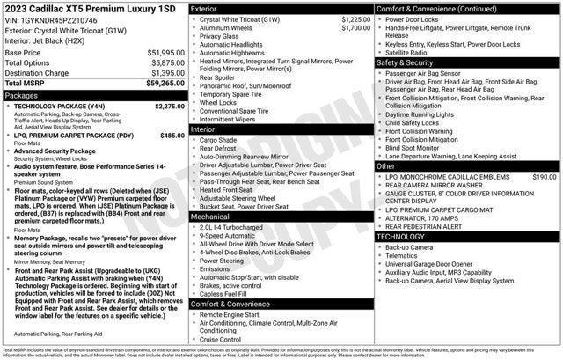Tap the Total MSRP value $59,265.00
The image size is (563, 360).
[x=158, y=83]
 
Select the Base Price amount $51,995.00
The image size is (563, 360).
[x=159, y=54]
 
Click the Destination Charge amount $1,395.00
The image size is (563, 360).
[x=161, y=73]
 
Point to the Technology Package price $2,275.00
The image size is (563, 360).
[x=169, y=106]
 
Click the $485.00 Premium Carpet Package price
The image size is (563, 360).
[x=172, y=136]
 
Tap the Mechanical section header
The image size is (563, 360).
[x=209, y=216]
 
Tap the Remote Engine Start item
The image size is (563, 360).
[x=230, y=314]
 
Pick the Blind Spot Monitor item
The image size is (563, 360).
[x=414, y=147]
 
